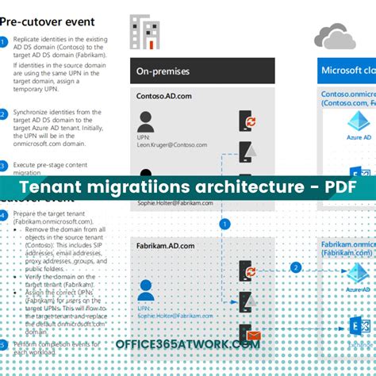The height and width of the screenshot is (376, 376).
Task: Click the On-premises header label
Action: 163,71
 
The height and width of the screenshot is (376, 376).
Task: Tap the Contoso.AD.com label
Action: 164,95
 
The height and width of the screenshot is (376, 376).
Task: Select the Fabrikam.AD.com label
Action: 166,246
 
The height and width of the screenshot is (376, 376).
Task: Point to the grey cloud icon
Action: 333,36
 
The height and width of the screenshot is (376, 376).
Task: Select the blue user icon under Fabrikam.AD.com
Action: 145,290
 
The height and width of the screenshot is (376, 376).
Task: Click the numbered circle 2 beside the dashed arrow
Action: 295,267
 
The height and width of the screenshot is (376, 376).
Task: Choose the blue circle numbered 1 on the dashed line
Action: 224,224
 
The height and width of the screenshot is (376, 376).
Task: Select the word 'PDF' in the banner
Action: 337,189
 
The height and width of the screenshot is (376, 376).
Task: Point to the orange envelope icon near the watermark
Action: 253,337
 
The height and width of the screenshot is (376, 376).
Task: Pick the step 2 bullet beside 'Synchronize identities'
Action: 4,113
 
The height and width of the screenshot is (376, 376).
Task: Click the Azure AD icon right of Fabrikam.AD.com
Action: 359,274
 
